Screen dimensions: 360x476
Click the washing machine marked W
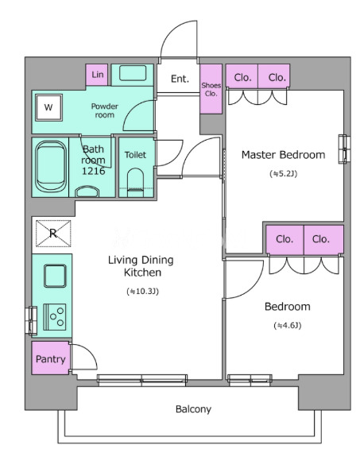tap(48, 107)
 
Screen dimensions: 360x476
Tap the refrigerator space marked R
tap(53, 233)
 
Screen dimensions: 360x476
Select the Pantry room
tap(50, 358)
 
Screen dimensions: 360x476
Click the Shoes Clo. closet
tap(211, 89)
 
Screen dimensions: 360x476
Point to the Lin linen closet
tap(97, 75)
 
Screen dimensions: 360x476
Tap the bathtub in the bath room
tap(51, 167)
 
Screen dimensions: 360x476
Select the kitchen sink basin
tap(55, 276)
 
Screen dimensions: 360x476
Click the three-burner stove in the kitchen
tap(55, 317)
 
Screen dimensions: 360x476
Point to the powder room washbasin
tap(133, 73)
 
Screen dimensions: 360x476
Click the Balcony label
tap(193, 409)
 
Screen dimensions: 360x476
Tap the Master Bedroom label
tap(283, 155)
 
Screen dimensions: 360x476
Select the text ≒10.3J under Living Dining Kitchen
tap(143, 292)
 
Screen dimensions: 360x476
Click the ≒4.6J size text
tap(287, 326)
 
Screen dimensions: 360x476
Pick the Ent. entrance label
tap(180, 79)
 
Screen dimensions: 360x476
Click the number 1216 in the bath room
tap(93, 171)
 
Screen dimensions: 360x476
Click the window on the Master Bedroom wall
tap(345, 149)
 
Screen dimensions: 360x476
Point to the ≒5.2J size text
tap(283, 174)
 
